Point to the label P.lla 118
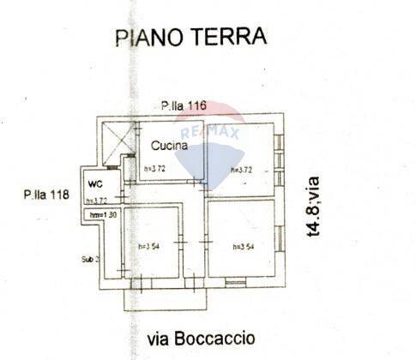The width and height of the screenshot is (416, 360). tap(46, 195)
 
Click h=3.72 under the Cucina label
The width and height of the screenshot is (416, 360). tap(155, 169)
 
